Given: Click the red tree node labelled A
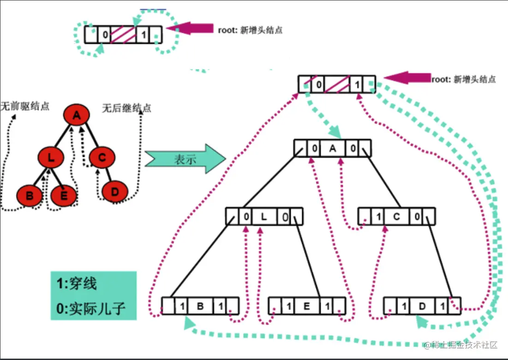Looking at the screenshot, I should (77, 116).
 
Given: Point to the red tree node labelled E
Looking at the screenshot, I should (64, 195).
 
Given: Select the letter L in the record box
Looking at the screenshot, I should (264, 216).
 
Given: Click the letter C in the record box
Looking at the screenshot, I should (396, 216).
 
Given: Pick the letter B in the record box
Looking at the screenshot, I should (201, 306).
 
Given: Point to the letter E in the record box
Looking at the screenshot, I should (307, 306).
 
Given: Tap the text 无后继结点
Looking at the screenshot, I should (126, 109).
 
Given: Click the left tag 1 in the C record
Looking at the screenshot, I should (379, 216).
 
